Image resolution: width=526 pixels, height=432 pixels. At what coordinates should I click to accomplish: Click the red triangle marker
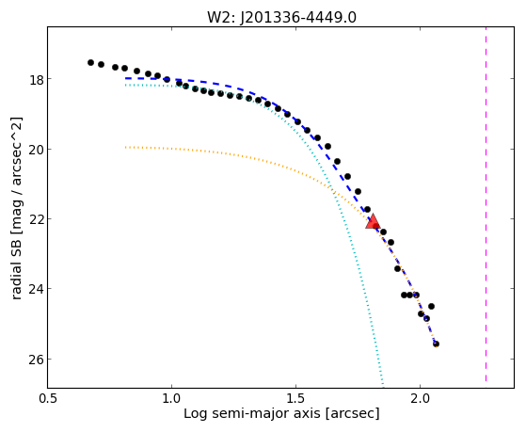[x=373, y=221]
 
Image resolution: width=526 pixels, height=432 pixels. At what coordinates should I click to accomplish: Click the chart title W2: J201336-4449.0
[x=281, y=18]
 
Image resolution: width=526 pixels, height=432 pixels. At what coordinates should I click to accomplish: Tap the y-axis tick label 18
[x=36, y=80]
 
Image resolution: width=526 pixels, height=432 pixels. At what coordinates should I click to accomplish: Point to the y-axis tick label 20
[x=35, y=150]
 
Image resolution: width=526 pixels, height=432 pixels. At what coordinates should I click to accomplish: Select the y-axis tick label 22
[x=35, y=220]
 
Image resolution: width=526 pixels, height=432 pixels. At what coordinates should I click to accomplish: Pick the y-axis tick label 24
[x=35, y=290]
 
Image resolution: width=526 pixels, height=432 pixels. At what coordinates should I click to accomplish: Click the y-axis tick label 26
[x=35, y=360]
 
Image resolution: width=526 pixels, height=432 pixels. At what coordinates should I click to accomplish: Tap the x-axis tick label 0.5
[x=48, y=398]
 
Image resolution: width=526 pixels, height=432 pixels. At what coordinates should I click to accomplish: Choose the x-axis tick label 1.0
[x=172, y=398]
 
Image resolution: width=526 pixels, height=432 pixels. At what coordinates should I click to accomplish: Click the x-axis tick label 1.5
[x=295, y=398]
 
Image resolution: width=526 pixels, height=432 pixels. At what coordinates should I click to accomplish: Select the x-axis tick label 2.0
[x=420, y=398]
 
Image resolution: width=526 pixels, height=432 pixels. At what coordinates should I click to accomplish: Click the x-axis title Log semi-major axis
[x=251, y=413]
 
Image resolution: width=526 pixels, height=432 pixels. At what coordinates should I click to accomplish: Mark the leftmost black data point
[x=90, y=62]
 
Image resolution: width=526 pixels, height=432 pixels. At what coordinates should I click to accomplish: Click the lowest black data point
[x=436, y=344]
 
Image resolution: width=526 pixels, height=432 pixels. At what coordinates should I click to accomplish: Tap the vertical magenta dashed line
[x=486, y=204]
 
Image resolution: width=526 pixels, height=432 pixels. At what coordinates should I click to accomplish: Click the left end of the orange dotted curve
[x=126, y=147]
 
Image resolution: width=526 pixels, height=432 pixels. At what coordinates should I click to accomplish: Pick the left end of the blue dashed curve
[x=126, y=78]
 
